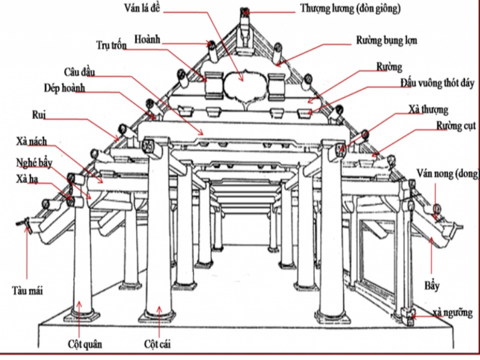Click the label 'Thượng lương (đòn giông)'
pyautogui.click(x=350, y=9)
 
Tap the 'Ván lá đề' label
pyautogui.click(x=142, y=8)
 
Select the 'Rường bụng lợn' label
pyautogui.click(x=386, y=41)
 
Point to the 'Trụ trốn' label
pyautogui.click(x=112, y=46)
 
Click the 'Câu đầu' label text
pyautogui.click(x=80, y=72)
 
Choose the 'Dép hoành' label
pyautogui.click(x=64, y=88)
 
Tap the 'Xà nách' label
pyautogui.click(x=32, y=142)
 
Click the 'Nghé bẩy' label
pyautogui.click(x=34, y=163)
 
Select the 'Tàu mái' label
pyautogui.click(x=28, y=290)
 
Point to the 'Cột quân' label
pyautogui.click(x=85, y=344)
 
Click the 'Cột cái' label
pyautogui.click(x=157, y=344)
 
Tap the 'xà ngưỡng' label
pyautogui.click(x=452, y=313)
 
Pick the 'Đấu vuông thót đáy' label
pyautogui.click(x=438, y=83)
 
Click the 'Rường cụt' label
pyautogui.click(x=456, y=126)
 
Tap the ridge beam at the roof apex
pyautogui.click(x=244, y=12)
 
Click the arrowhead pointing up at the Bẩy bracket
pyautogui.click(x=431, y=239)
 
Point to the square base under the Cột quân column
pyautogui.click(x=82, y=316)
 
